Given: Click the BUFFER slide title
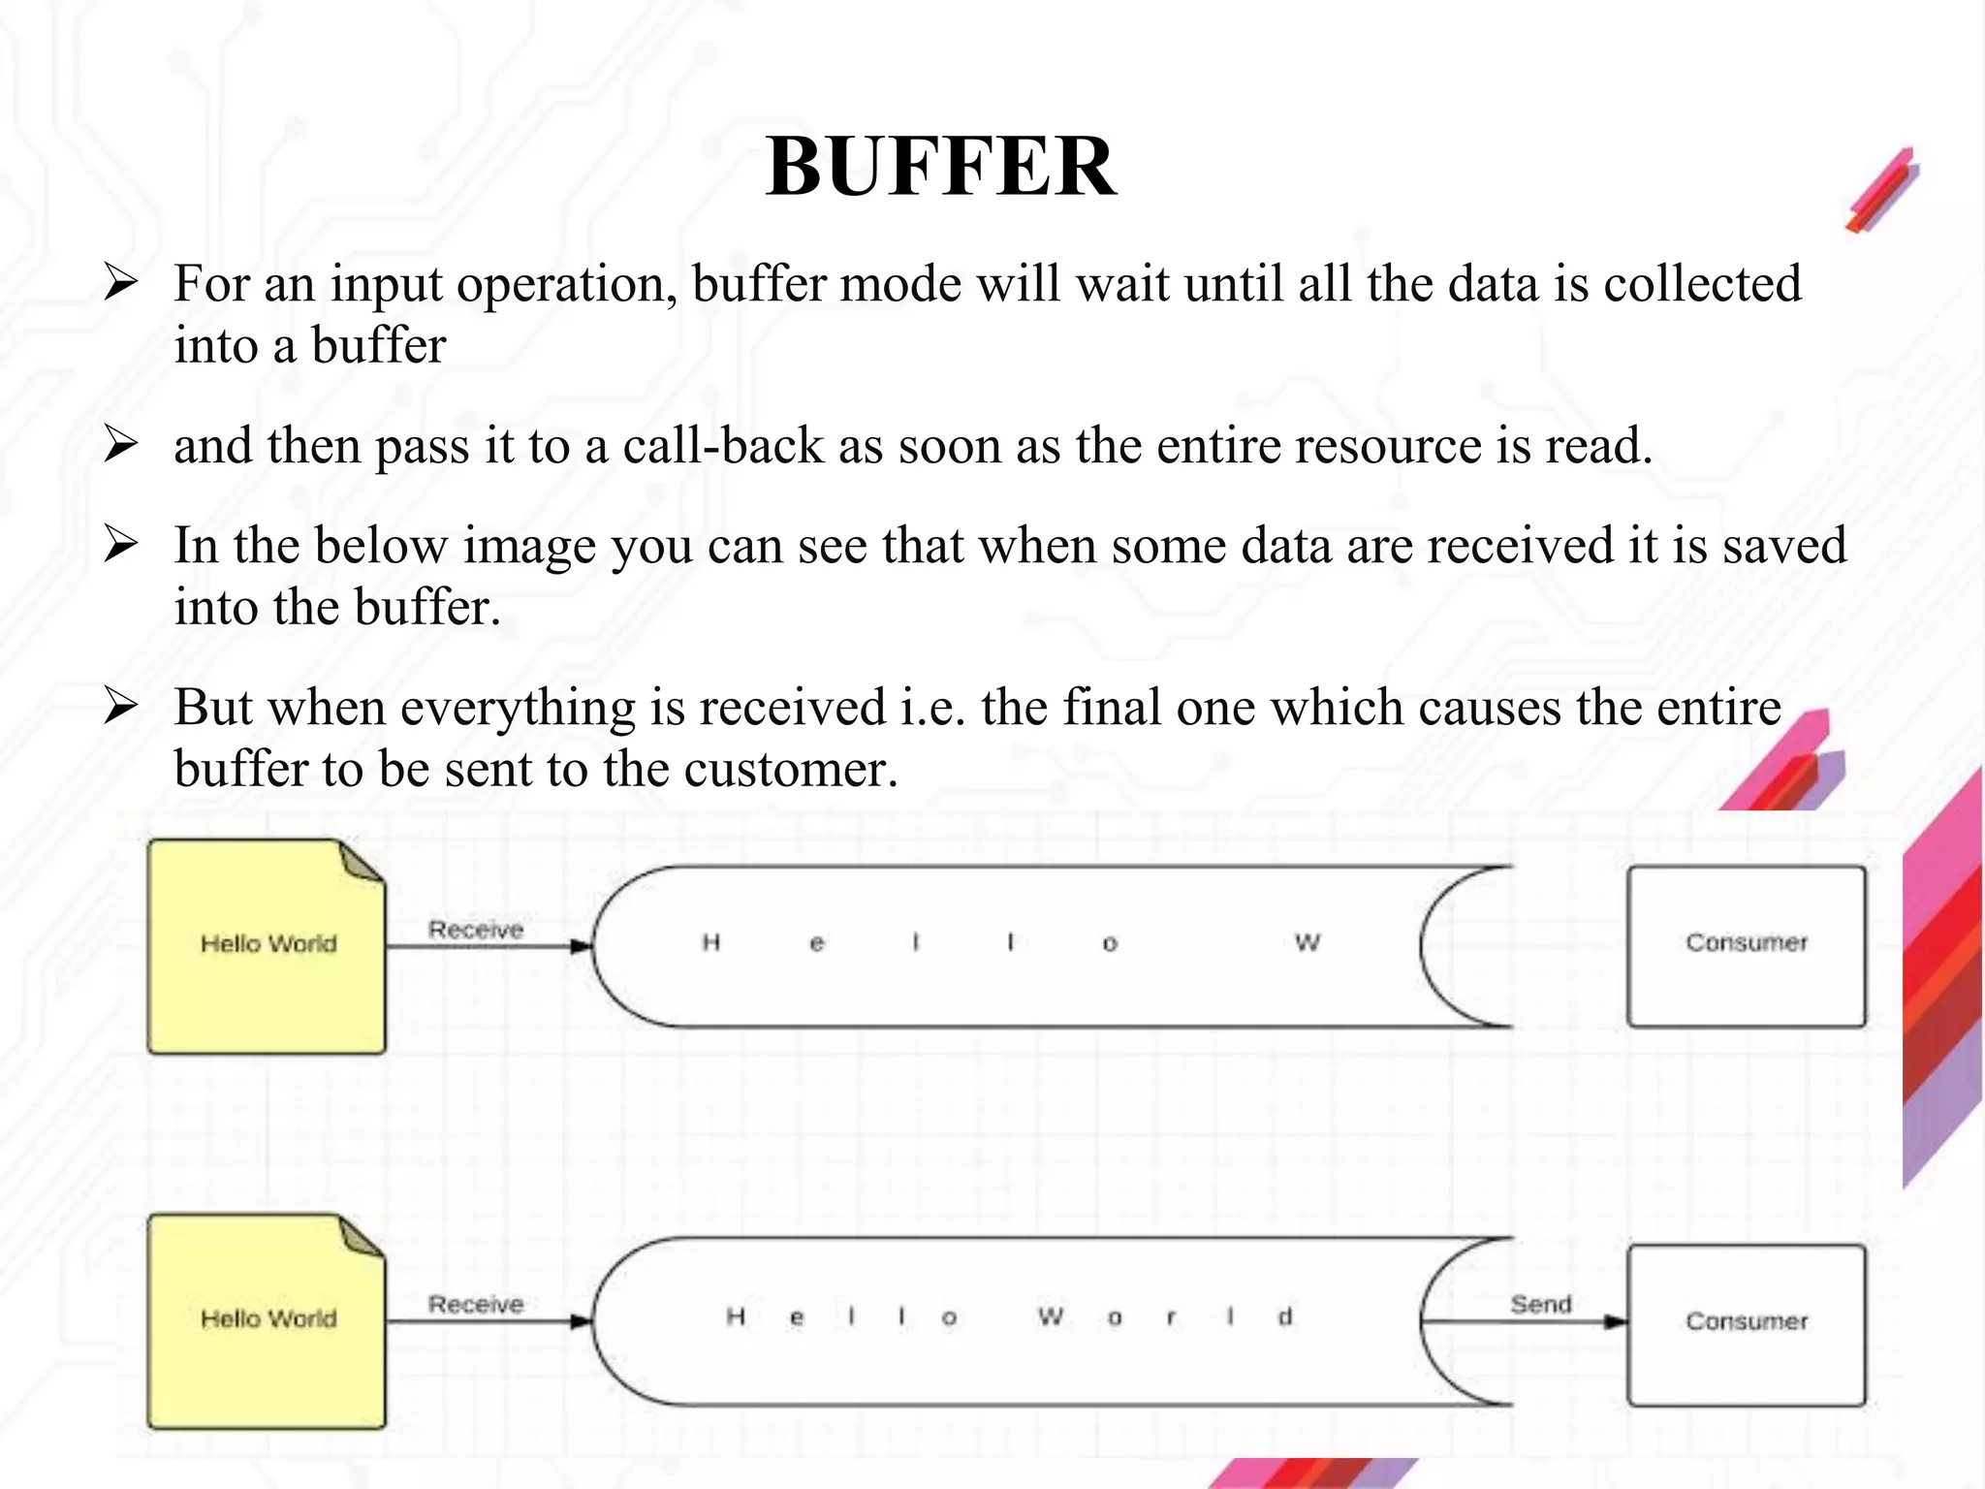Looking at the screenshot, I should tap(940, 167).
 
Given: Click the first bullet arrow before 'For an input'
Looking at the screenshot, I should tap(121, 284).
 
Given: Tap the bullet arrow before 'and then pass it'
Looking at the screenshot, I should tap(121, 445).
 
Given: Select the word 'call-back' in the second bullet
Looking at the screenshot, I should tap(722, 446).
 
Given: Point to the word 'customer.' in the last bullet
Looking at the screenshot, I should tap(791, 770).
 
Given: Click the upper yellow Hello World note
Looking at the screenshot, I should tap(267, 946).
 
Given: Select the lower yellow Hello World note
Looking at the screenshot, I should tap(267, 1320).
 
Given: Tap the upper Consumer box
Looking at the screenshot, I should tap(1747, 946).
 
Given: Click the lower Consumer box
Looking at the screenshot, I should tap(1747, 1324).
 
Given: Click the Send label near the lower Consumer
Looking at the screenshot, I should tap(1540, 1305).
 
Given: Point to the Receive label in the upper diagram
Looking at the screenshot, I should tap(476, 930).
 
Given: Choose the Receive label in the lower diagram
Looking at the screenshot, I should tap(476, 1305).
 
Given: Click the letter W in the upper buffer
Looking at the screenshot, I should tap(1307, 942).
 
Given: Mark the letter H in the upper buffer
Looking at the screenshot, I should tap(711, 942).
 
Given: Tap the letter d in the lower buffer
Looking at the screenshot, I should tap(1285, 1317).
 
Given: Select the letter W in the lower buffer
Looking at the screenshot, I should tap(1051, 1316).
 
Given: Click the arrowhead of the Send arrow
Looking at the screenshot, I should tap(1617, 1321).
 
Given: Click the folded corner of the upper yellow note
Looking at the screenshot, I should tap(363, 862).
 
